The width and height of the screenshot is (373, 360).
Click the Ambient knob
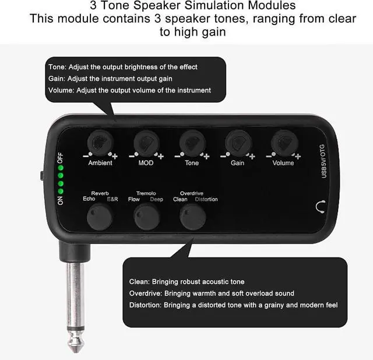click(x=100, y=142)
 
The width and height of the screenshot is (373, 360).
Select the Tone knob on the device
click(x=191, y=142)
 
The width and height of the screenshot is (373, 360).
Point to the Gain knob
click(x=237, y=142)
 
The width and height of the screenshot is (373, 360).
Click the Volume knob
click(x=283, y=142)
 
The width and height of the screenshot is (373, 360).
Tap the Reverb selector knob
click(x=100, y=217)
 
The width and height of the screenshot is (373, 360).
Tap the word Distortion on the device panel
click(x=206, y=199)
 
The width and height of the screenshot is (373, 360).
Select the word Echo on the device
click(x=89, y=199)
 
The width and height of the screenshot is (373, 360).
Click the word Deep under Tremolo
click(x=156, y=199)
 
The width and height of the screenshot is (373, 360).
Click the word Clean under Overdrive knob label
click(x=181, y=199)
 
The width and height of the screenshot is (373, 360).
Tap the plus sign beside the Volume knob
click(x=299, y=156)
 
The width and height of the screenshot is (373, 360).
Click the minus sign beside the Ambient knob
click(x=86, y=156)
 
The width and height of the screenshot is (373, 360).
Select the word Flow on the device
click(x=134, y=199)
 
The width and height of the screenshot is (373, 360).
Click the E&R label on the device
click(x=112, y=199)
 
